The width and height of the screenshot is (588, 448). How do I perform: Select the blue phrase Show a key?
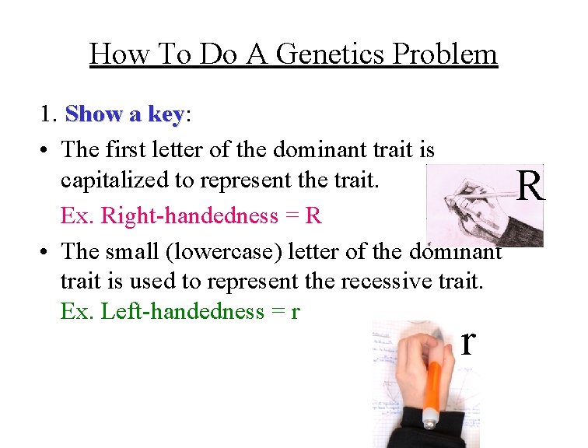click(124, 114)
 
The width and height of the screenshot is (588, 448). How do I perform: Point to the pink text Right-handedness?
click(182, 215)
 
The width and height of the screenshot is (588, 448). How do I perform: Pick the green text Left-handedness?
click(177, 311)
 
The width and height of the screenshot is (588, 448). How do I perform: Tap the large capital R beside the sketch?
click(530, 186)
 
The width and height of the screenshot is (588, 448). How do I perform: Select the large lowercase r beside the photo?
click(467, 341)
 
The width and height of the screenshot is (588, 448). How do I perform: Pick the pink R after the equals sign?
click(313, 215)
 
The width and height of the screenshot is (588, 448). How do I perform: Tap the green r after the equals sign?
click(296, 312)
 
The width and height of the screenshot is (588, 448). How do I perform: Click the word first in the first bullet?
click(124, 148)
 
